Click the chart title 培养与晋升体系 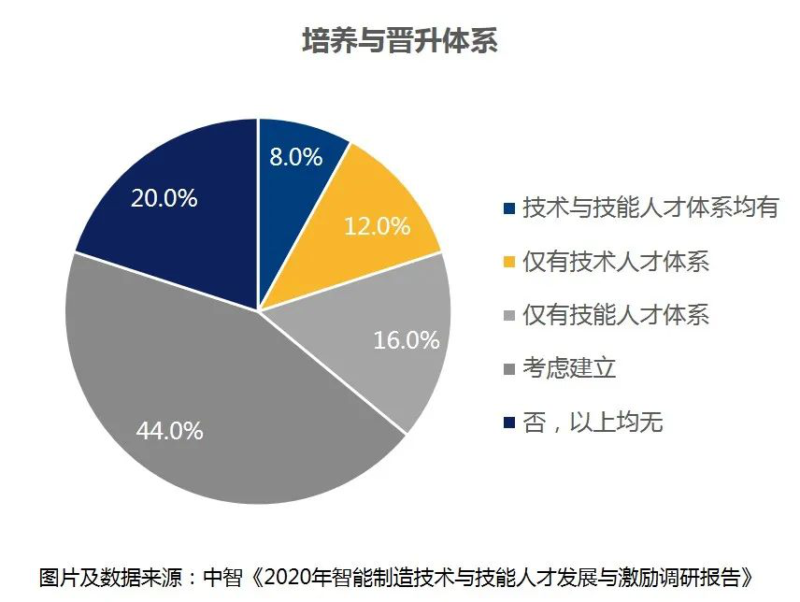point(399,41)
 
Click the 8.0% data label point(296,156)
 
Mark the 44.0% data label point(169,431)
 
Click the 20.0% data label point(164,198)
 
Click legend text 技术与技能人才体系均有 point(650,208)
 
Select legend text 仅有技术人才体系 point(616,262)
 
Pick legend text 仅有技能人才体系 point(616,315)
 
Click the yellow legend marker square point(508,263)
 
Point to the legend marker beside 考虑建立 point(508,369)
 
